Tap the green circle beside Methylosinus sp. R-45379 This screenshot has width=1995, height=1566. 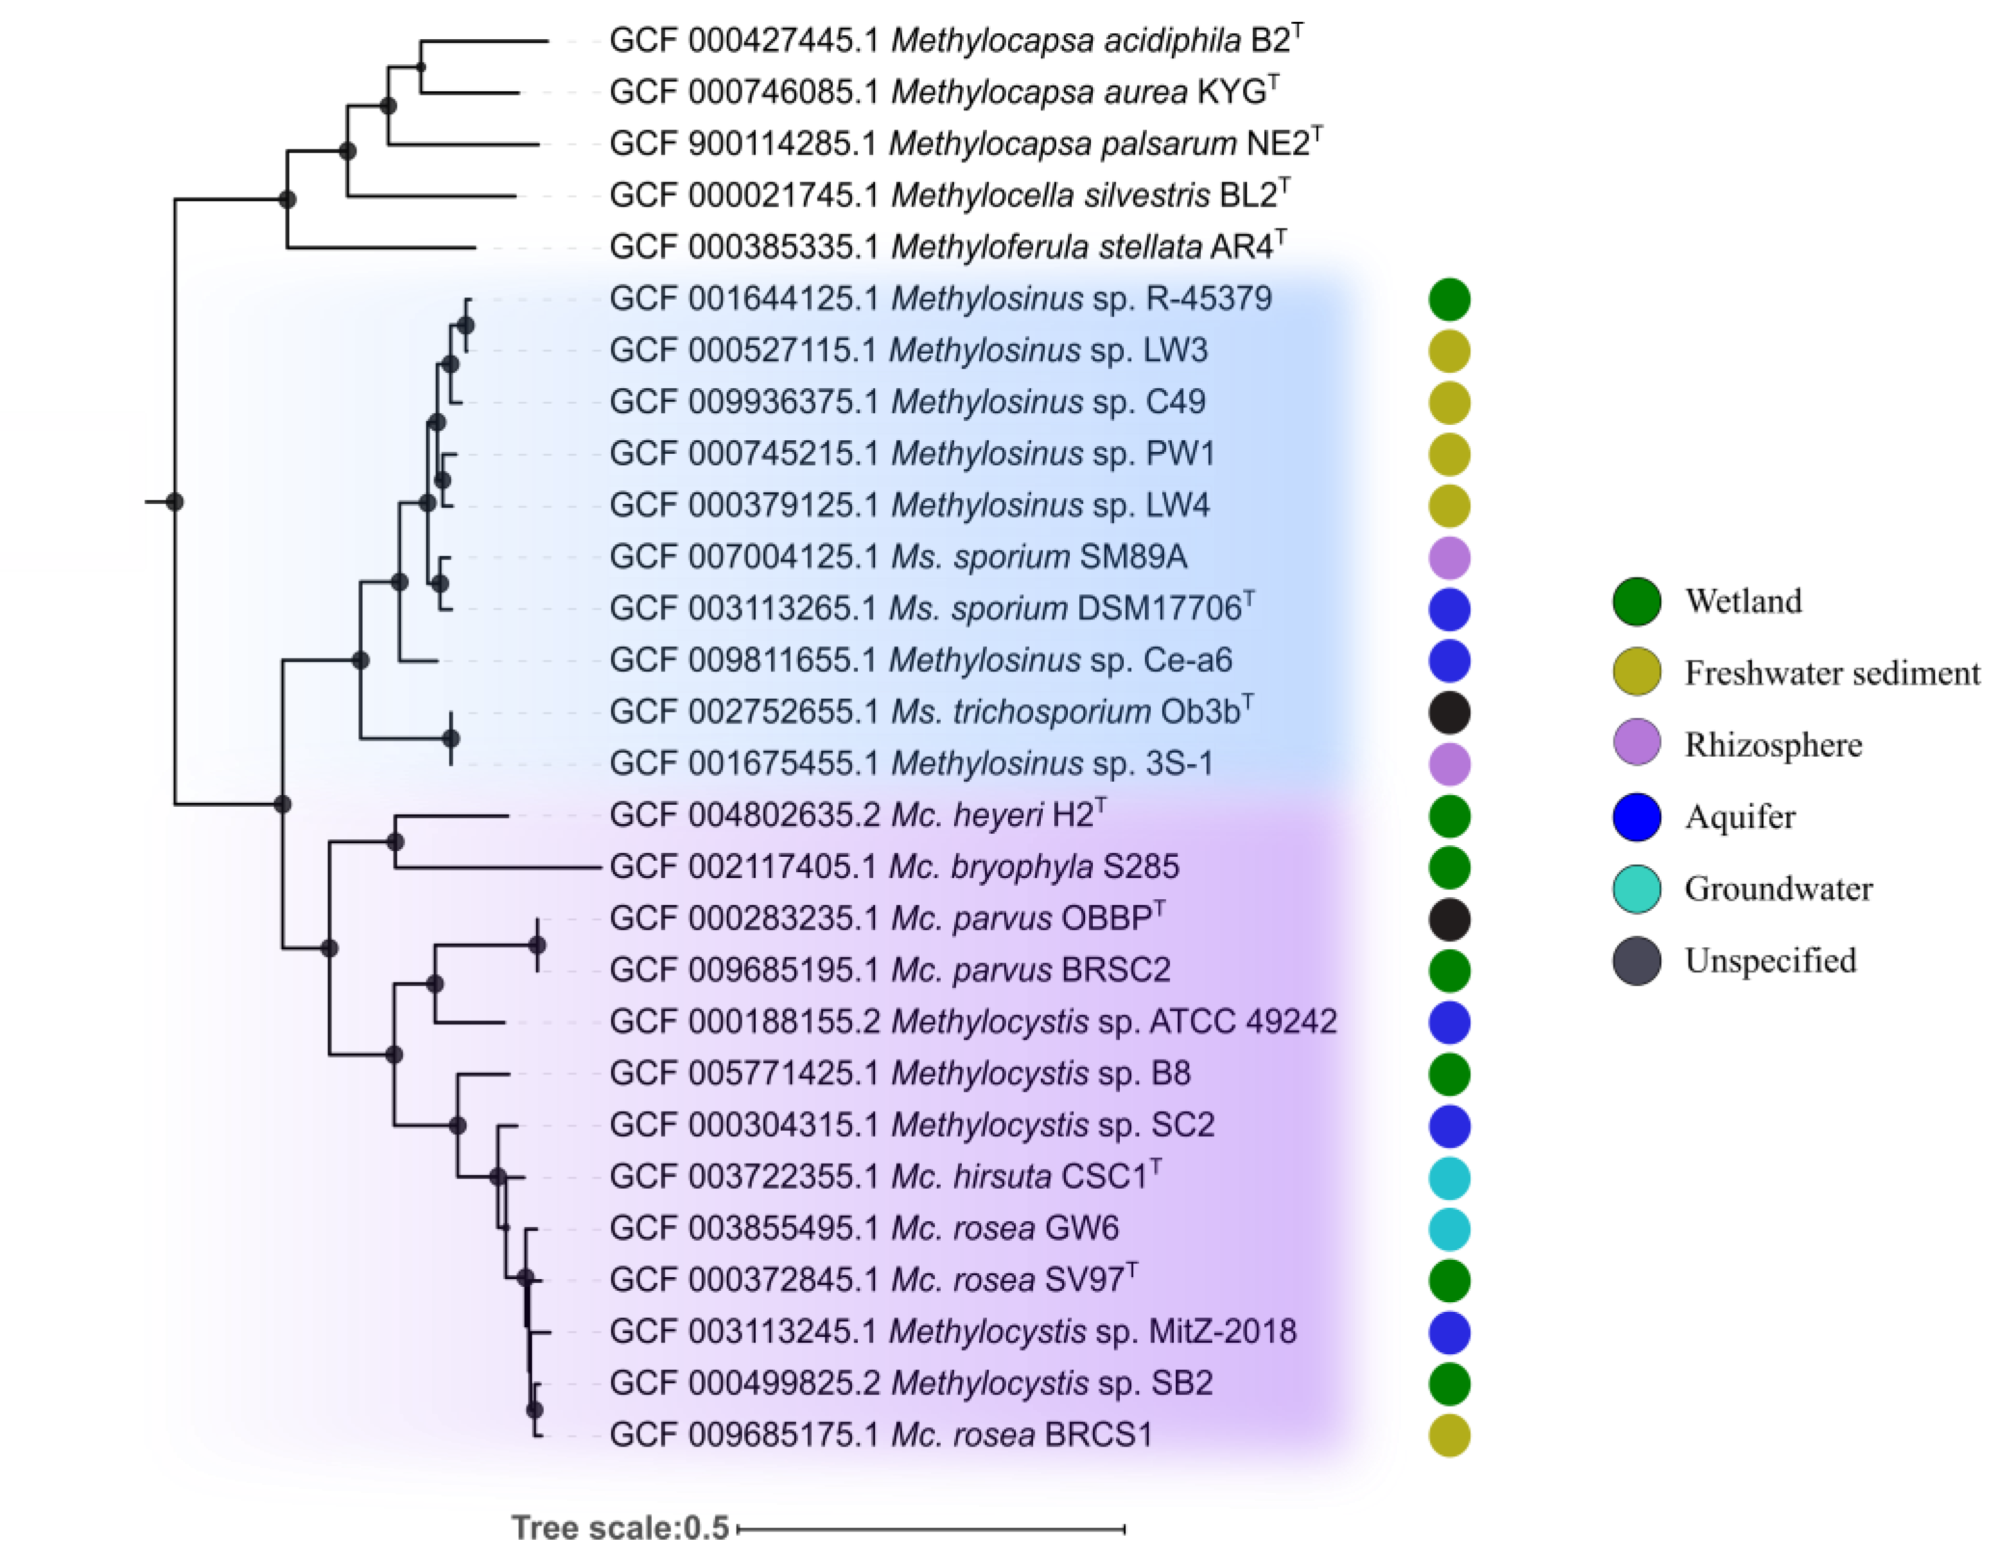point(1449,299)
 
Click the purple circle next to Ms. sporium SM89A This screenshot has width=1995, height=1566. point(1449,558)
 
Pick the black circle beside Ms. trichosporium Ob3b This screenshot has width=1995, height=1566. point(1449,712)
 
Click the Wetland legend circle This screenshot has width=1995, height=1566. point(1636,601)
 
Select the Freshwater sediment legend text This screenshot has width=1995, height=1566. point(1832,673)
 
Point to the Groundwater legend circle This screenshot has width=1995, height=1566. point(1636,888)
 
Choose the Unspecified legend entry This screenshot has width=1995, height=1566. point(1770,960)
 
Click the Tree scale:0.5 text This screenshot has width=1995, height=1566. point(620,1527)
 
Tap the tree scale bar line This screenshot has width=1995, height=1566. point(931,1528)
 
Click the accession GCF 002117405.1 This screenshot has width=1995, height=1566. point(743,866)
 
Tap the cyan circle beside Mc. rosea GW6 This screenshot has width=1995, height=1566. point(1449,1228)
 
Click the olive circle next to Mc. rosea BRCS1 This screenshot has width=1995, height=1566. point(1449,1435)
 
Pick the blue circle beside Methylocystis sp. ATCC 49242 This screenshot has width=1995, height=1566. point(1449,1022)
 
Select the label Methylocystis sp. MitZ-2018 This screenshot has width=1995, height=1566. point(1092,1331)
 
